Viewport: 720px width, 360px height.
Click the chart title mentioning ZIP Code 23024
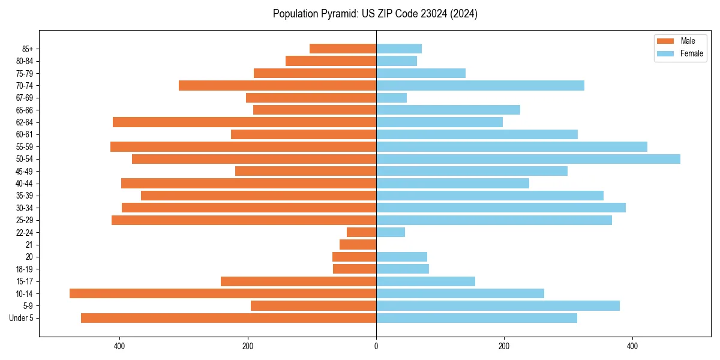pos(375,14)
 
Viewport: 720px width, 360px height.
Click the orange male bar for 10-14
pos(223,293)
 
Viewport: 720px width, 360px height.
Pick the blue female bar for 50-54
pos(528,159)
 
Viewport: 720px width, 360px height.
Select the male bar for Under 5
pos(229,318)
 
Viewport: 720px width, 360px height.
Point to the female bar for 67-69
pos(391,98)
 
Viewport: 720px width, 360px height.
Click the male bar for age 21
pos(358,245)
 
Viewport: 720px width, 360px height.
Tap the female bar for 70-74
pos(480,85)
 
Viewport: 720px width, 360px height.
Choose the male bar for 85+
pos(343,49)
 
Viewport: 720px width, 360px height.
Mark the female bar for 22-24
pos(391,232)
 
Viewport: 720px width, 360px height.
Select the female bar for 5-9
pos(498,306)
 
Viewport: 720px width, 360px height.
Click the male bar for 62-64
pos(244,122)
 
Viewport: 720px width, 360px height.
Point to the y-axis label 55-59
pos(24,147)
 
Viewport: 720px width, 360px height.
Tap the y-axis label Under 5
pos(21,318)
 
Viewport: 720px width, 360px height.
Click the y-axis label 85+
pos(27,49)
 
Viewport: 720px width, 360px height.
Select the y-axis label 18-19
pos(24,269)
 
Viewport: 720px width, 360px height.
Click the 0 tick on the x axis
pos(376,346)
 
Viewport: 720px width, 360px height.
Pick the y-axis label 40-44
pos(24,184)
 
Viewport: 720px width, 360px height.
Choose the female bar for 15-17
pos(425,281)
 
